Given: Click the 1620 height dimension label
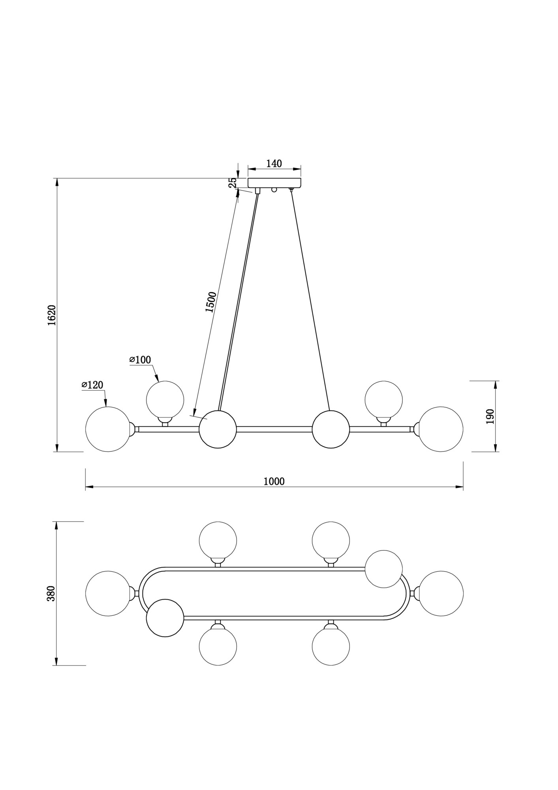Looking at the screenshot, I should tap(52, 315).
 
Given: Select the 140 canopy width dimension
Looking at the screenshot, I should tap(274, 164).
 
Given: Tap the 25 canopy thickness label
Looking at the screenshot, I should tap(233, 182).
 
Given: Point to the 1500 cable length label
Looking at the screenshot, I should tap(210, 302).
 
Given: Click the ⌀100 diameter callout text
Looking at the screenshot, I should tap(140, 360).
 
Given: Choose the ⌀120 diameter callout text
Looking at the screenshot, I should tap(92, 385).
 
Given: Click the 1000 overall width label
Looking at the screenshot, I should tap(274, 482).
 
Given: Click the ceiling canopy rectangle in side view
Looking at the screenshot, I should tap(274, 182).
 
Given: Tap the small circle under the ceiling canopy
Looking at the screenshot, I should tap(274, 190).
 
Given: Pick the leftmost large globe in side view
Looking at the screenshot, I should tap(108, 429).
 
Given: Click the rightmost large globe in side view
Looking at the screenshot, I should tap(441, 429).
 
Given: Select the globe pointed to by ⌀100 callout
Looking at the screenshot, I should tap(165, 399).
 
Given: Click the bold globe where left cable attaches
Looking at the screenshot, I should tap(218, 429).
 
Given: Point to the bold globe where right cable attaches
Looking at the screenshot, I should tap(331, 429).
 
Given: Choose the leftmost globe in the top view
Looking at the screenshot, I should tap(108, 593).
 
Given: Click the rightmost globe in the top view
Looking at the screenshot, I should tap(441, 593).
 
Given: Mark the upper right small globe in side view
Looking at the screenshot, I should tap(383, 399).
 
